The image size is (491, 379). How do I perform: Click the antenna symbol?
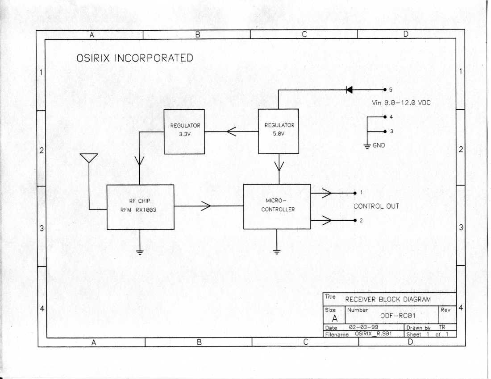click(89, 158)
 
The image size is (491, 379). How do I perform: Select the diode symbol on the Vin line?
click(349, 90)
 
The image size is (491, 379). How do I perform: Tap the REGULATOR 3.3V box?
click(184, 132)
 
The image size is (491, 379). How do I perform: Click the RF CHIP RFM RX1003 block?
click(140, 207)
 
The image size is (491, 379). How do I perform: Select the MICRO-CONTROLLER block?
click(277, 206)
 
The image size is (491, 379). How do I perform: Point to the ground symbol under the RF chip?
click(140, 252)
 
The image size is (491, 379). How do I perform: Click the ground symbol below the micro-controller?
click(277, 252)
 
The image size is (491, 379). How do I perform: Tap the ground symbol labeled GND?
click(367, 146)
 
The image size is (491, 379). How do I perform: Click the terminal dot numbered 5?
click(385, 90)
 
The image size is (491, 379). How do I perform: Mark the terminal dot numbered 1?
click(355, 193)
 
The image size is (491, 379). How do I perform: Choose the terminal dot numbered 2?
click(355, 220)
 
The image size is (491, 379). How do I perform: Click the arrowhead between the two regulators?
click(231, 132)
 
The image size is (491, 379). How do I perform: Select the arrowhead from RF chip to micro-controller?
click(206, 206)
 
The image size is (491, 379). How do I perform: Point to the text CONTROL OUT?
click(376, 206)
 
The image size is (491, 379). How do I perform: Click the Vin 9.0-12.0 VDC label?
click(401, 103)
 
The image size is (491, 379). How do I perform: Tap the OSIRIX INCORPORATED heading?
click(135, 58)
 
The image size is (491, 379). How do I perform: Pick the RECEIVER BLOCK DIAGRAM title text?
click(388, 299)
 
